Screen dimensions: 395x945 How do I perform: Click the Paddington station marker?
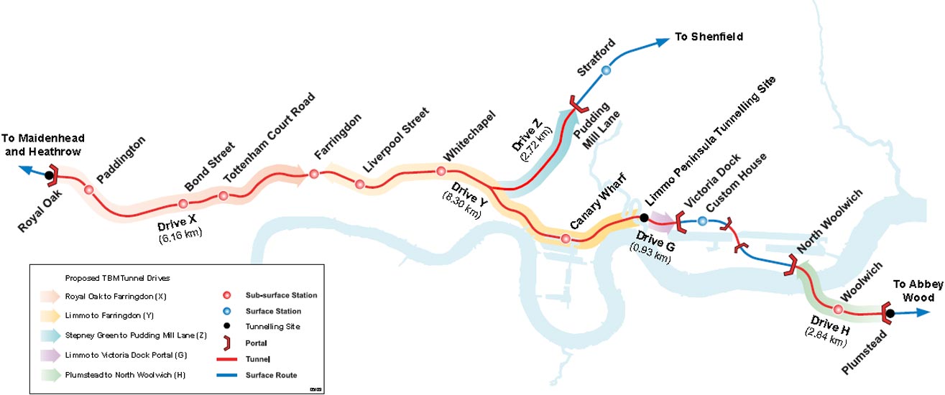point(88,190)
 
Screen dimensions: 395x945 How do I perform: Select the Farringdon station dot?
point(314,174)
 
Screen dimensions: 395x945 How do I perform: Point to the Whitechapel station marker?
point(441,171)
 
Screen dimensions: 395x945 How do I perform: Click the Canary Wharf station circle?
point(566,238)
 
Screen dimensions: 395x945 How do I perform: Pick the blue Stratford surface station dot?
point(606,70)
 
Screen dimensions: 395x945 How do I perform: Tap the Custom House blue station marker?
point(702,220)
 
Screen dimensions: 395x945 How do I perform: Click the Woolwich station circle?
point(838,310)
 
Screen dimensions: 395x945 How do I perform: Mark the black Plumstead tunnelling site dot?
point(890,313)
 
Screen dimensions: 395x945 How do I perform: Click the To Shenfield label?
point(708,37)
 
